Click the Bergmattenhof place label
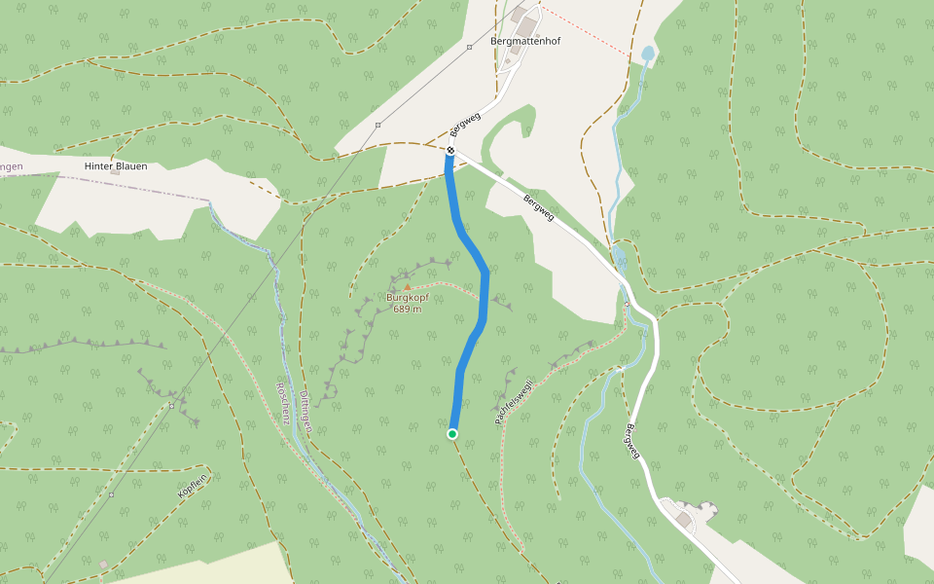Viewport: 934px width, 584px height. (525, 42)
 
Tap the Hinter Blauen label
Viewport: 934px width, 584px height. (116, 165)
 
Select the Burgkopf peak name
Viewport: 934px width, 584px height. (408, 298)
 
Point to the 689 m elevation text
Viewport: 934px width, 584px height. (408, 310)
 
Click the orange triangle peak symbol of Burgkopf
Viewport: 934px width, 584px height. (407, 288)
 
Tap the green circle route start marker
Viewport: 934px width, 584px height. (452, 433)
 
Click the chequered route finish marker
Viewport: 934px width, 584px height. (450, 150)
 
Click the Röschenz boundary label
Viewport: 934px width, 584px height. (285, 399)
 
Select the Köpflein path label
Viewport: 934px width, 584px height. (192, 488)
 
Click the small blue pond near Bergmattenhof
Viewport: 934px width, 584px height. (647, 53)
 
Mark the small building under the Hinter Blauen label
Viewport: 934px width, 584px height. (114, 173)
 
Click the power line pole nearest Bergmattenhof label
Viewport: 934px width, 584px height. (469, 47)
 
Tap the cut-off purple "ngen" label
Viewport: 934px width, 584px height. (11, 166)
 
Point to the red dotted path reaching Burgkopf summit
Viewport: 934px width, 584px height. (448, 286)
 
